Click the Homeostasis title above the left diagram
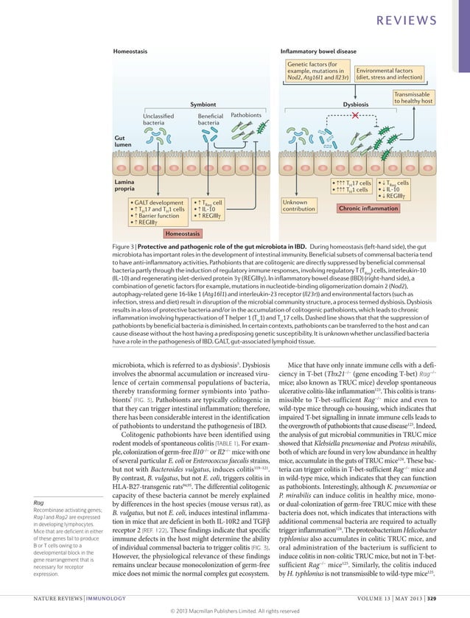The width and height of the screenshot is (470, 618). tap(130, 52)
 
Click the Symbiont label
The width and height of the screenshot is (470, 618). tap(203, 105)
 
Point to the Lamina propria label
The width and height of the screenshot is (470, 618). tap(124, 184)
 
